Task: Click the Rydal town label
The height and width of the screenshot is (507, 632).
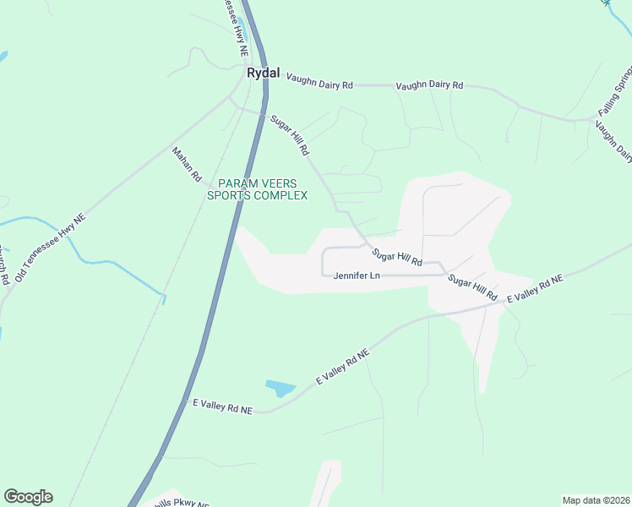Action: click(x=263, y=74)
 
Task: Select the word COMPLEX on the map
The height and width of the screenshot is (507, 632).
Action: click(x=281, y=195)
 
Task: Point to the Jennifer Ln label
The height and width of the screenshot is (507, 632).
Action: click(x=357, y=275)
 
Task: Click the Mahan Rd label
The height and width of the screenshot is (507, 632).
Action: click(x=187, y=165)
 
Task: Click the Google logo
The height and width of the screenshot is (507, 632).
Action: click(x=28, y=497)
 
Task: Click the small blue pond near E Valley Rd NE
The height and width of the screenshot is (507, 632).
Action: click(x=281, y=389)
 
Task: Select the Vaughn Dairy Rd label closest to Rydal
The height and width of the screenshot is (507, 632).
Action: click(x=319, y=80)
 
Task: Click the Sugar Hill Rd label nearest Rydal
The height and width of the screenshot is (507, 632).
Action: click(x=290, y=136)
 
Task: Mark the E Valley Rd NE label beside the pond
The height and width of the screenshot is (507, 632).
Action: click(x=343, y=368)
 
